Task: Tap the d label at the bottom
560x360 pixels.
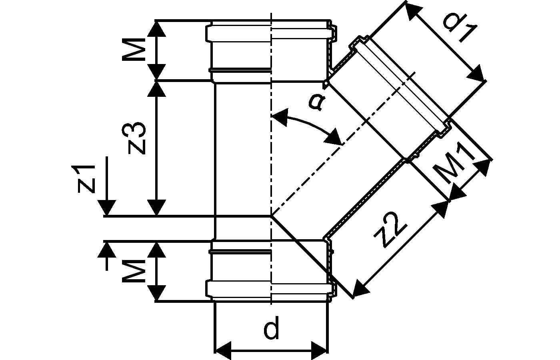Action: (x=271, y=330)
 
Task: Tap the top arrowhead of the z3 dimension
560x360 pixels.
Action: (x=156, y=89)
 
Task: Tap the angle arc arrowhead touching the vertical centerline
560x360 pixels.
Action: (x=280, y=117)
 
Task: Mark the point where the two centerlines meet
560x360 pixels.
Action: (x=271, y=216)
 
